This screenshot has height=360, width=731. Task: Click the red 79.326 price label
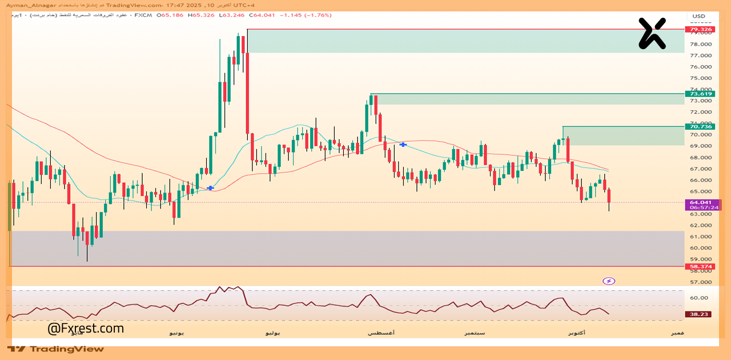coord(701,29)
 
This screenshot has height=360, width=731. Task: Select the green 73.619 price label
coord(701,94)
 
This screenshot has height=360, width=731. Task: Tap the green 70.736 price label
coord(701,127)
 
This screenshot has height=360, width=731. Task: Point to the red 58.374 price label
coord(701,266)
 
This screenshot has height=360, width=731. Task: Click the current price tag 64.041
coord(701,202)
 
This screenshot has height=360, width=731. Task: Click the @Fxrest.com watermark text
coord(86,329)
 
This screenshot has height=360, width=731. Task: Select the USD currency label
coord(698,16)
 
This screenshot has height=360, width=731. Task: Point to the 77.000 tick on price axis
coord(701,55)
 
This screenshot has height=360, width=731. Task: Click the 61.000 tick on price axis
coord(701,237)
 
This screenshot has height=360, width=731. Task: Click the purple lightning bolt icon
coord(609,281)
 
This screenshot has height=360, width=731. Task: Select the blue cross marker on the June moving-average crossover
coord(210,188)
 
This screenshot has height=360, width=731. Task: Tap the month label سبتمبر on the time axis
coord(475,333)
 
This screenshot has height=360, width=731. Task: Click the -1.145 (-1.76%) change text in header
coord(306,15)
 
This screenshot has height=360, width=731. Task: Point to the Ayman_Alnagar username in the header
coord(29,5)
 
